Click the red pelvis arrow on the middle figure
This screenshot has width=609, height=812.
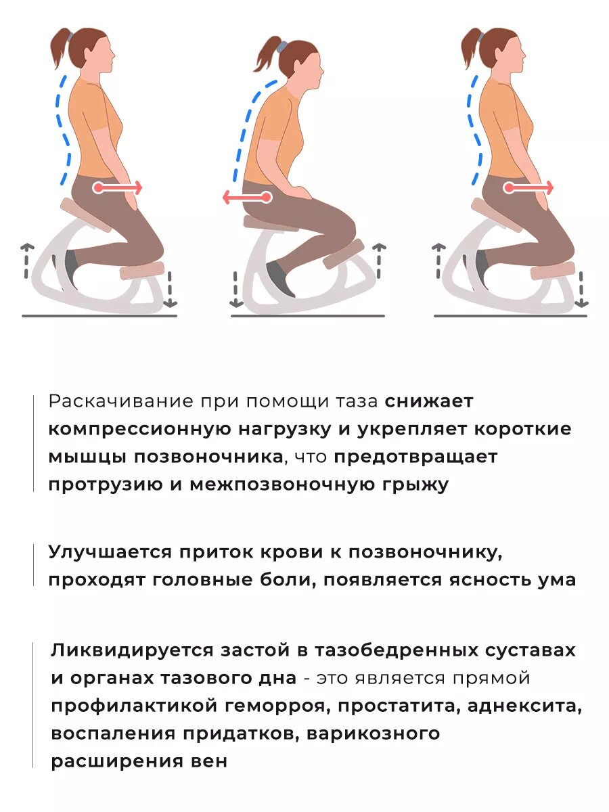point(247,198)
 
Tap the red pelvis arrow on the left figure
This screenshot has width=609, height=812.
point(119,187)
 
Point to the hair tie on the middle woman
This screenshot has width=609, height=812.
point(281,47)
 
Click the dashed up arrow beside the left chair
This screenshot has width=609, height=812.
point(26,261)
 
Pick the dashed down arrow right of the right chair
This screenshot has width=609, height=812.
point(581,288)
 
